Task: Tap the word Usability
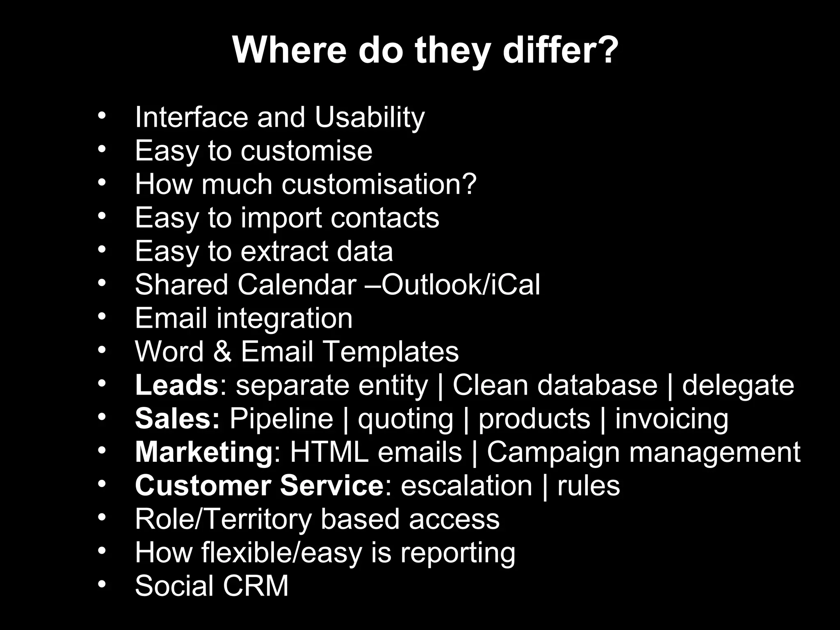click(370, 117)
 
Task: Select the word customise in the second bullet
click(306, 151)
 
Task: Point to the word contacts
click(385, 218)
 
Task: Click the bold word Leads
click(177, 385)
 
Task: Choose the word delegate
click(738, 386)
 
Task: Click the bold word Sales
click(177, 419)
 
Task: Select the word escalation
click(466, 486)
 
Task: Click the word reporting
click(457, 553)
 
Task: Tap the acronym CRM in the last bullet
click(256, 586)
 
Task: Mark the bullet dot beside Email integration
click(102, 316)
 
